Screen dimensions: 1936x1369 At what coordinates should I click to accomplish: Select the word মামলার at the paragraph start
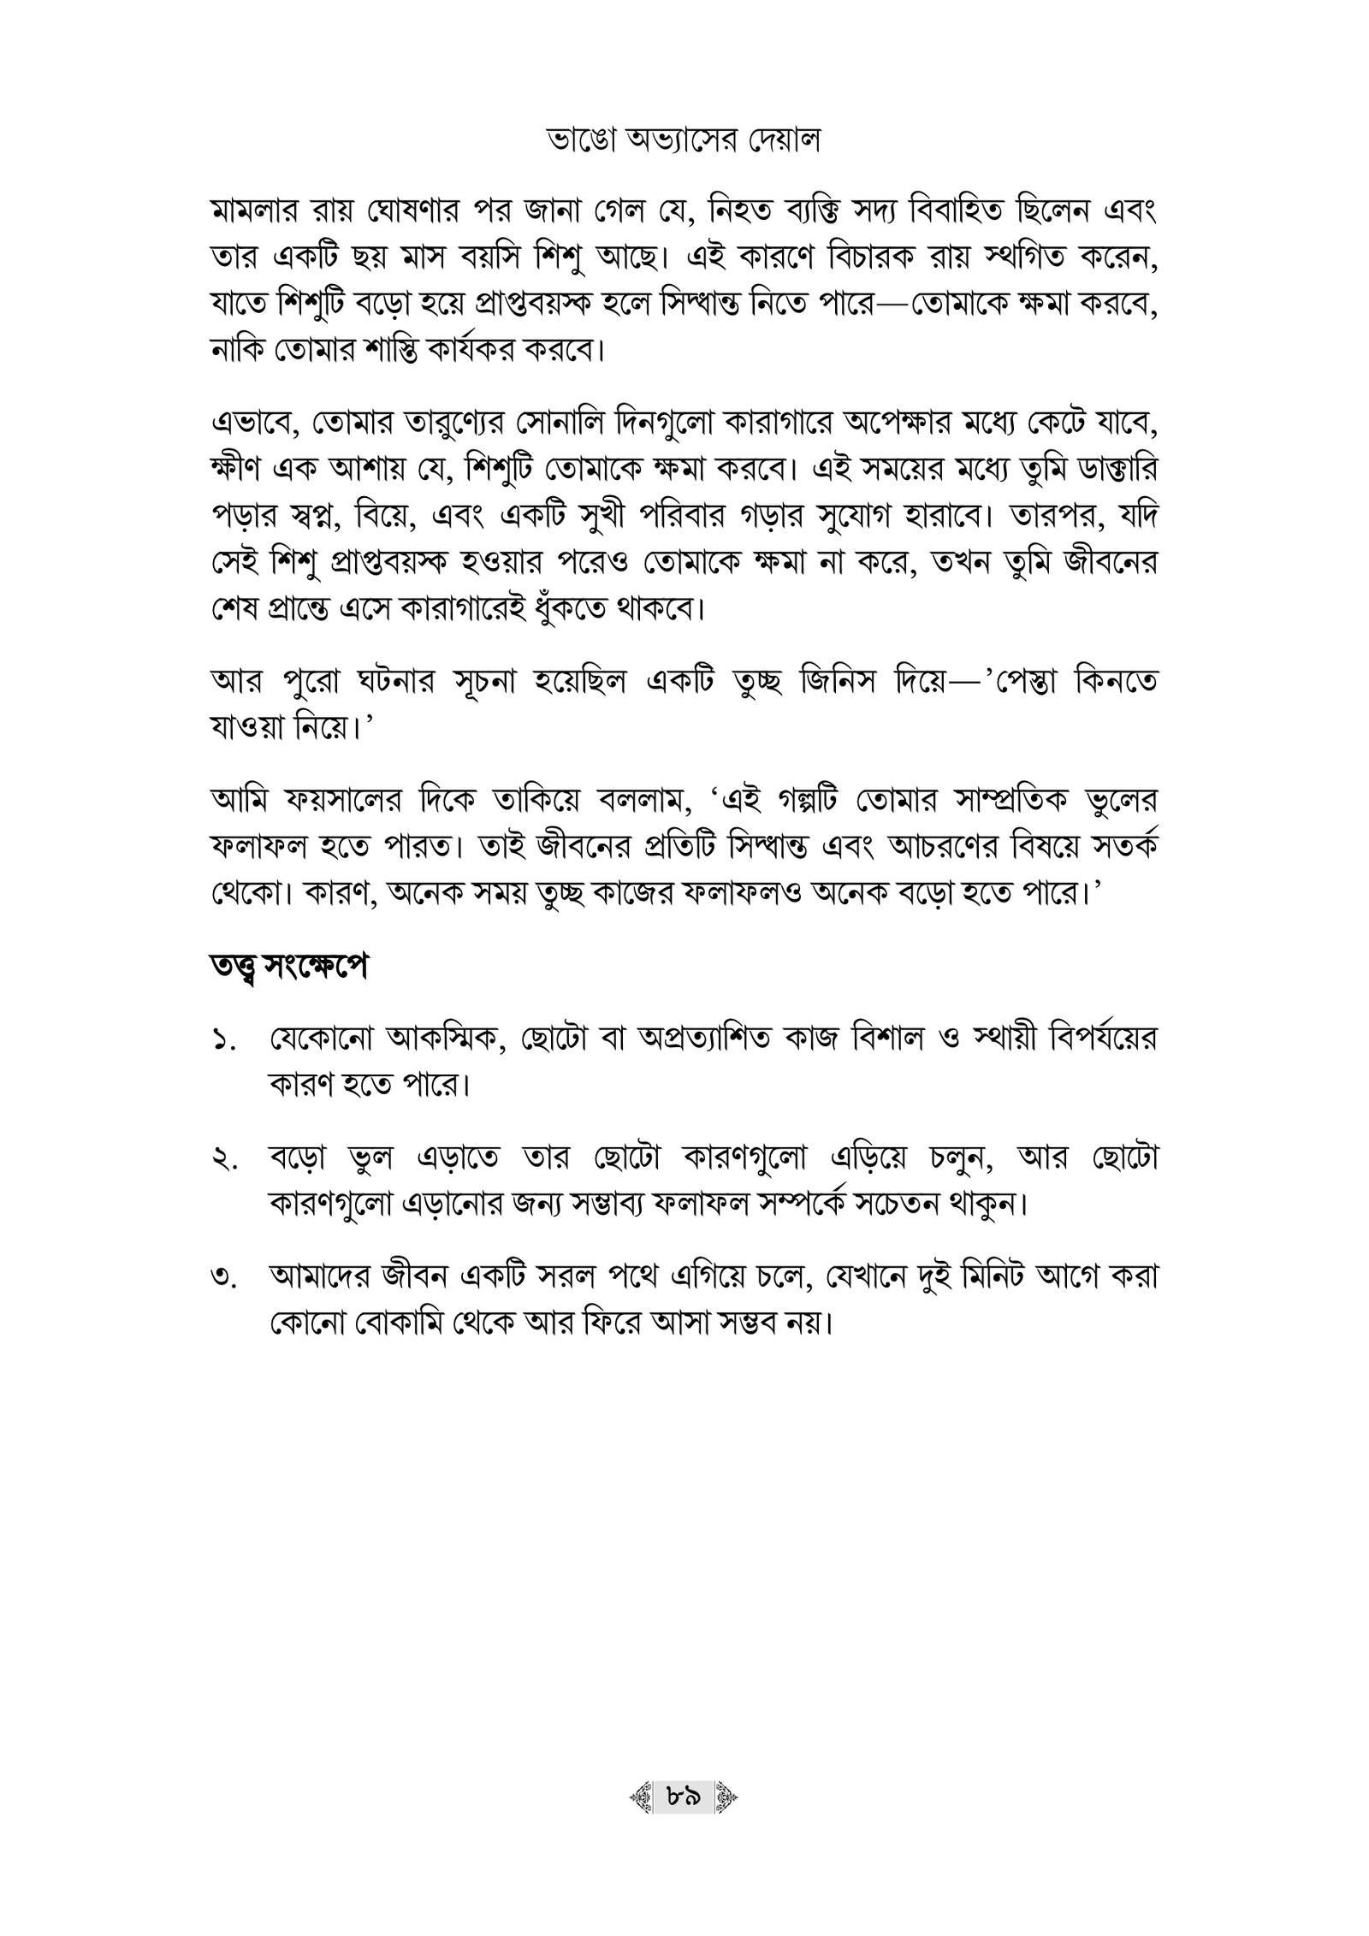click(258, 212)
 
